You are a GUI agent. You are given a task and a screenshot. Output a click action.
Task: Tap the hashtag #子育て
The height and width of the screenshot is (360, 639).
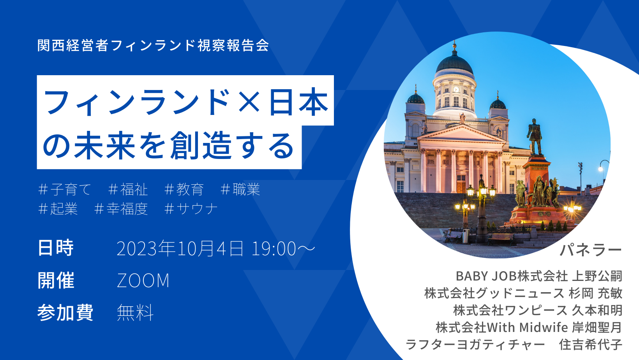click(65, 189)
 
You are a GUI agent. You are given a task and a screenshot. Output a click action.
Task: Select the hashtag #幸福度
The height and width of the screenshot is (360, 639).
click(121, 208)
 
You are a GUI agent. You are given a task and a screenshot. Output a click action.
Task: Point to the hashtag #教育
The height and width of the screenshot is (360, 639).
click(184, 189)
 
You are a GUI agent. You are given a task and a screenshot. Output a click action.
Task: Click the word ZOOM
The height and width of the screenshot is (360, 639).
click(143, 281)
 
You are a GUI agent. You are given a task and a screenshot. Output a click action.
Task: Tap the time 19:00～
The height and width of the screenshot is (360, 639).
click(283, 249)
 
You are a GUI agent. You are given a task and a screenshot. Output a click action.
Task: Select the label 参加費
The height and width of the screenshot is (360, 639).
click(65, 312)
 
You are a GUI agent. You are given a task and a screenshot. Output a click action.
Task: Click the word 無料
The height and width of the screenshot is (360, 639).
click(135, 312)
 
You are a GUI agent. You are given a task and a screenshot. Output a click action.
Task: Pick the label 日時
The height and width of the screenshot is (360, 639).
click(56, 248)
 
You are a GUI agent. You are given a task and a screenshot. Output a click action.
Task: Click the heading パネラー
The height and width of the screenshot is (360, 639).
click(591, 250)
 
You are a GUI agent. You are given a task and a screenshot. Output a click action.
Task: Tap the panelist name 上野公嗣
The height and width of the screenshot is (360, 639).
click(597, 276)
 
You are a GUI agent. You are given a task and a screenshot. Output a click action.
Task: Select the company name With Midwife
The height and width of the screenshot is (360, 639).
click(528, 328)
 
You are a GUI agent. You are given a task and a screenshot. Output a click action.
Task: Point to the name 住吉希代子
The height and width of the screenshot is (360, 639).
click(591, 344)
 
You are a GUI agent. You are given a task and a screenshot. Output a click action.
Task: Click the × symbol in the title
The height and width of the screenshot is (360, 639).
click(249, 102)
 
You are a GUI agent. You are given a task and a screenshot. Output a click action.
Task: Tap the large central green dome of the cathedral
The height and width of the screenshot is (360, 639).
click(454, 64)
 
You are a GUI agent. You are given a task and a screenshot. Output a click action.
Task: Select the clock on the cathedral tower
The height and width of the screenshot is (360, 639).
click(456, 90)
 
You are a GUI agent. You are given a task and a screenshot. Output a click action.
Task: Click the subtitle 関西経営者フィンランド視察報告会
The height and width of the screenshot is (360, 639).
click(153, 45)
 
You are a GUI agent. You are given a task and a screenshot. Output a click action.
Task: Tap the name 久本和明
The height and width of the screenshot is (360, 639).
click(597, 311)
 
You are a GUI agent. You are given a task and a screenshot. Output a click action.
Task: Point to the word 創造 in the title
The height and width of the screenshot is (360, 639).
click(200, 145)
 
